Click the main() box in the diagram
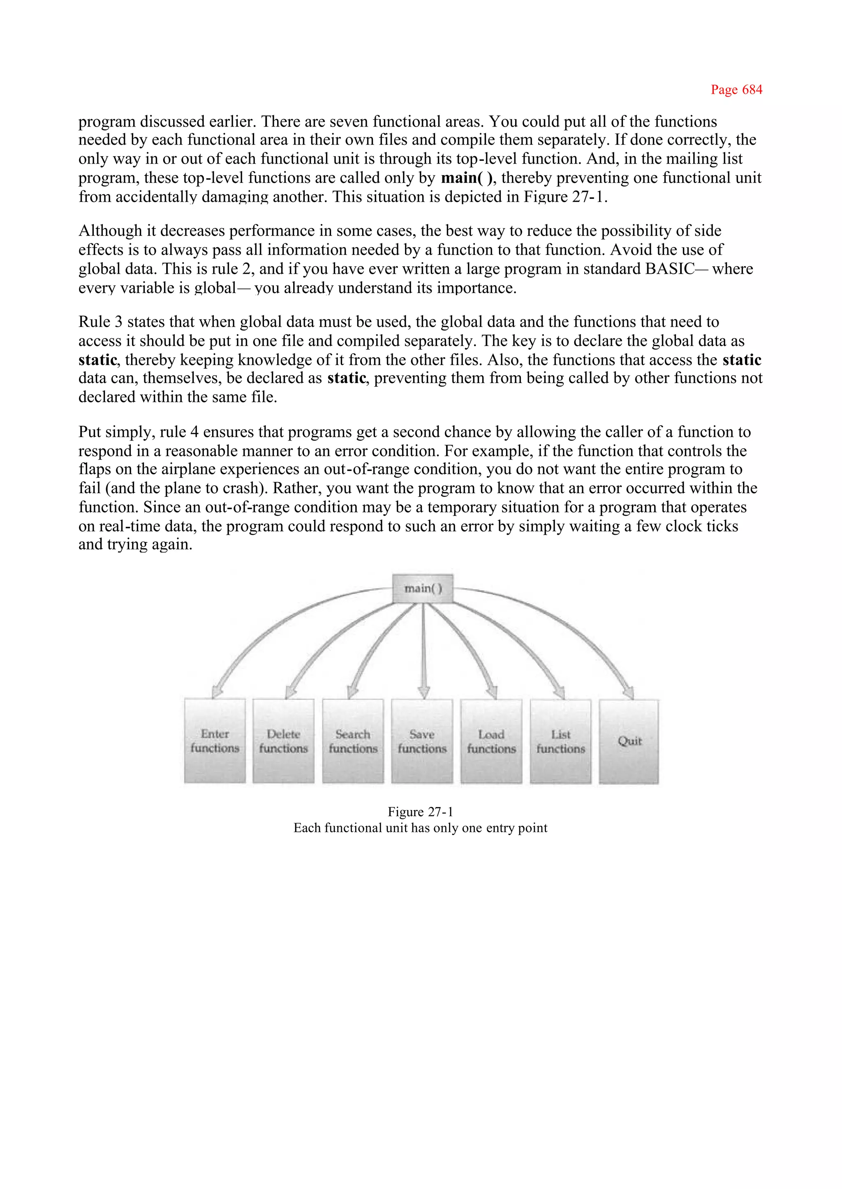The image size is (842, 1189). click(423, 588)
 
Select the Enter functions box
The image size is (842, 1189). click(215, 741)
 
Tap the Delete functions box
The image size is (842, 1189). click(284, 741)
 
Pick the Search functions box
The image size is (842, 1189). click(353, 741)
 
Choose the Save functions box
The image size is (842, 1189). click(422, 741)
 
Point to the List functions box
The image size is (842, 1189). click(560, 741)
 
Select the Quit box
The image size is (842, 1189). click(629, 741)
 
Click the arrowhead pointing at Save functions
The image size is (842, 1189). click(423, 693)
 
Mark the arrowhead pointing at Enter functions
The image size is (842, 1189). click(217, 691)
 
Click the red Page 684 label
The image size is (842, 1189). click(736, 90)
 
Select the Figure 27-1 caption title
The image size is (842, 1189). click(421, 812)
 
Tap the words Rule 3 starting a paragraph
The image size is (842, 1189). click(100, 322)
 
